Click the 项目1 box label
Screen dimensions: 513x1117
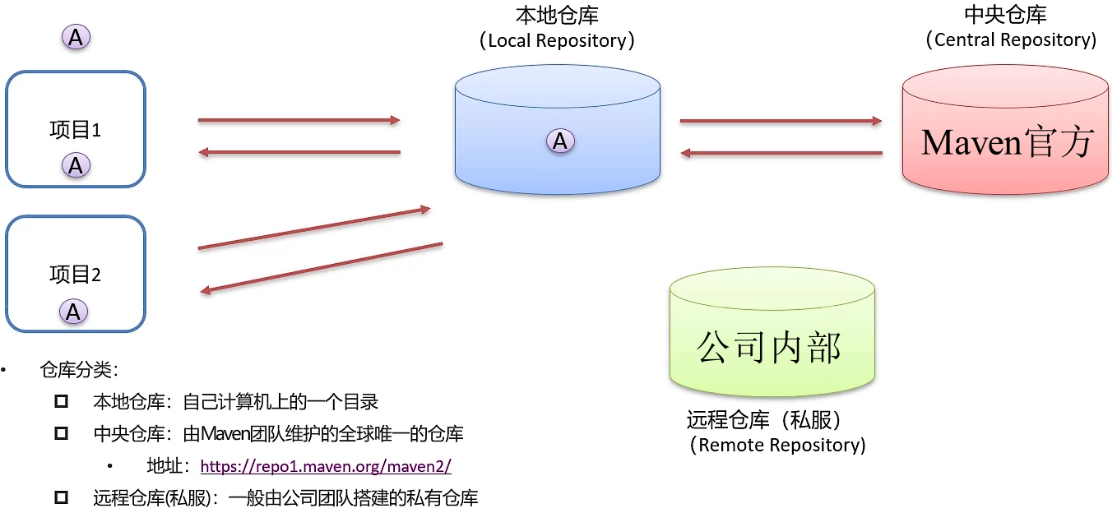75,130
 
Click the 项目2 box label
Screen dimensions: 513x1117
75,275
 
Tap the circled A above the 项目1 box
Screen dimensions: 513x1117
76,37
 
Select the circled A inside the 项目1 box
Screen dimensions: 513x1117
76,165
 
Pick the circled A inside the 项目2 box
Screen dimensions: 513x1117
73,312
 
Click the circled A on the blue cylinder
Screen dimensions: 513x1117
560,141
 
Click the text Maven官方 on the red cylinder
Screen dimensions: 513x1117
1007,142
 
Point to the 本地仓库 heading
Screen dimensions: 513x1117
557,16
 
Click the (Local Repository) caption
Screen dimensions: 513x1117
557,40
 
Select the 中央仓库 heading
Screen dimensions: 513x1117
1005,16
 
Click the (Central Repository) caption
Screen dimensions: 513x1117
1010,39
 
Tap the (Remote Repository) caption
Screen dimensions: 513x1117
776,446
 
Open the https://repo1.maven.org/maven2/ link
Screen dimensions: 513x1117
326,466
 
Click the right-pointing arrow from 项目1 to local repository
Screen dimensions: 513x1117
299,121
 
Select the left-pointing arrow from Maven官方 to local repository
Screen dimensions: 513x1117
781,153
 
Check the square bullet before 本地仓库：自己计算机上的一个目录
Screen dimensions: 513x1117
61,402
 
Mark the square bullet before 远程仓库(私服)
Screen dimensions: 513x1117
61,497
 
